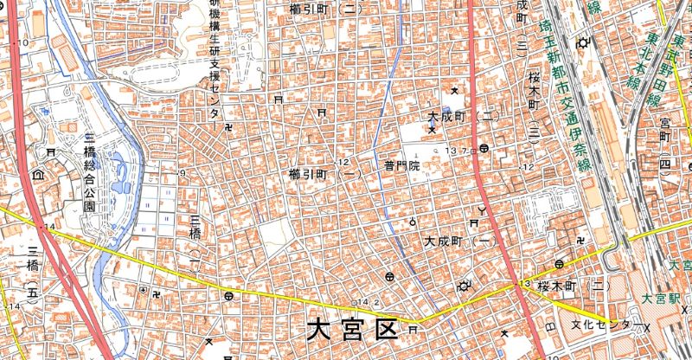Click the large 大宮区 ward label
click(x=351, y=330)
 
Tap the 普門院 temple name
click(x=401, y=164)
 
